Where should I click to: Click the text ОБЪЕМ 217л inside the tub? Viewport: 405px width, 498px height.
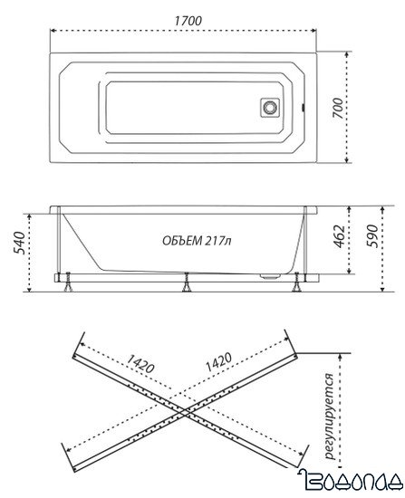tap(195, 240)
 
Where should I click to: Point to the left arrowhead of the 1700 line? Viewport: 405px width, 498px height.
tap(52, 28)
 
